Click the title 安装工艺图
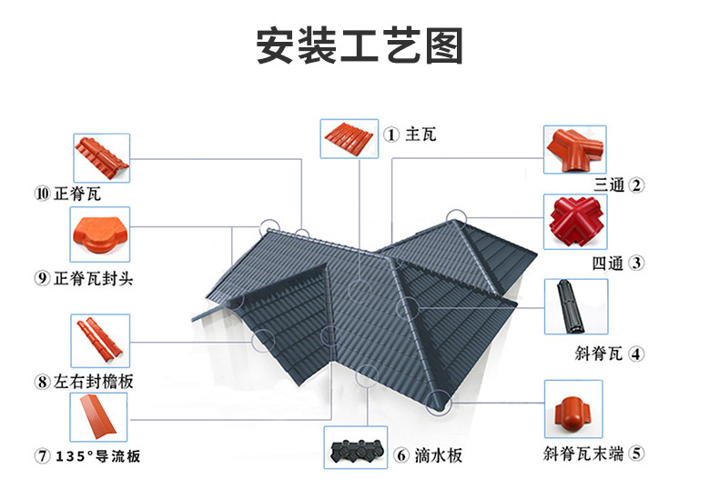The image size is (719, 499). tap(359, 45)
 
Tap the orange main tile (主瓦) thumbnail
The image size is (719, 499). tap(349, 139)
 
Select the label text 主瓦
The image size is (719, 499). tap(420, 135)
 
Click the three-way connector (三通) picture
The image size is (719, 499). tap(575, 150)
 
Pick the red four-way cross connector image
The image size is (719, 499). tap(575, 222)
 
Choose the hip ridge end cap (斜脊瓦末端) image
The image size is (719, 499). tap(573, 409)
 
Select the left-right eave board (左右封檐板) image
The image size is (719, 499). tap(100, 341)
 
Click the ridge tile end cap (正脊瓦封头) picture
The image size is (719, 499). tap(100, 235)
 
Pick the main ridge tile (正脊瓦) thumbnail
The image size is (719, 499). tap(102, 158)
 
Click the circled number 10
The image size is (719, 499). tap(42, 194)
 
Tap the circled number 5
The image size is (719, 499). tap(636, 454)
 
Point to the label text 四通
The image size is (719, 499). tap(608, 264)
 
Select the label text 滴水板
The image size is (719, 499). tap(439, 455)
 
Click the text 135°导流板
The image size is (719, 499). tap(97, 456)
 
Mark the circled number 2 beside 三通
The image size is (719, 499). tap(636, 185)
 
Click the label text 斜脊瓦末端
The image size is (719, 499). tap(583, 454)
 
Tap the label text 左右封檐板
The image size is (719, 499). tap(93, 382)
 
